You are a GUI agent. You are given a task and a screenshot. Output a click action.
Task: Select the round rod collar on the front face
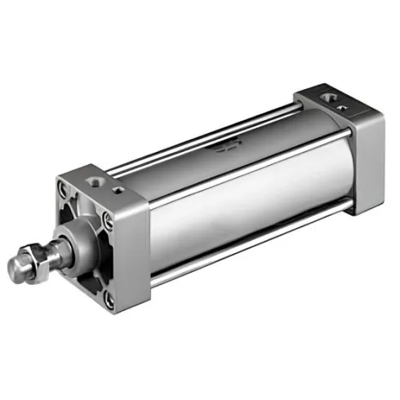click(78, 242)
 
